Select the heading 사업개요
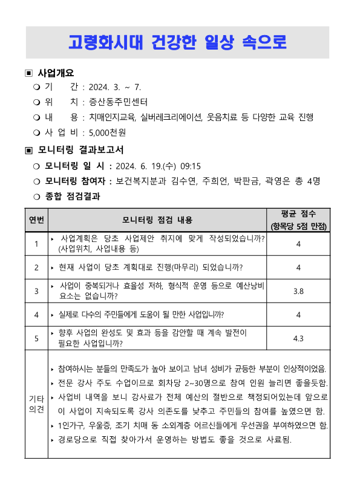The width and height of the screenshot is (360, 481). (x=56, y=73)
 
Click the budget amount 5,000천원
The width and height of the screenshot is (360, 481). (x=107, y=132)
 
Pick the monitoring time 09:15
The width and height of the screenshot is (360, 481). (x=189, y=166)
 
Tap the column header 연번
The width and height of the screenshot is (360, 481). (x=36, y=219)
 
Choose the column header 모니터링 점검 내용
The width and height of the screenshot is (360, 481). (x=157, y=219)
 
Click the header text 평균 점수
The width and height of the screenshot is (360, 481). (x=298, y=213)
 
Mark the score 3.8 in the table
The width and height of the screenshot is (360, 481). (x=298, y=291)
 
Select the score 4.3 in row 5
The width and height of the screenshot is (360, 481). (x=298, y=339)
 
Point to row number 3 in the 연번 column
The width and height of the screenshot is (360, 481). (x=36, y=291)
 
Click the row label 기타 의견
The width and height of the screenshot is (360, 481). (x=36, y=404)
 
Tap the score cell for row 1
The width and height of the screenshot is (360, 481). (x=298, y=244)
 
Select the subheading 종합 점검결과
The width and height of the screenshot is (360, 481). (x=72, y=196)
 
